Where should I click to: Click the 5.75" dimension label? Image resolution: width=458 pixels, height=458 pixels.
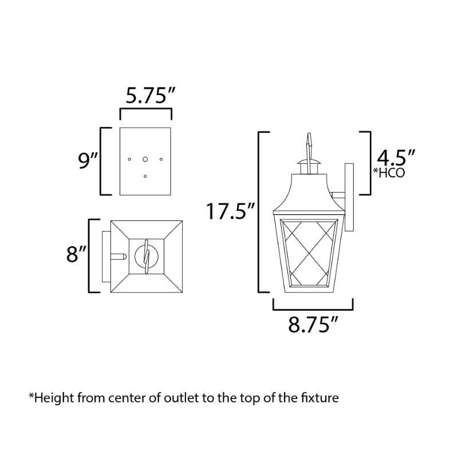point(150,95)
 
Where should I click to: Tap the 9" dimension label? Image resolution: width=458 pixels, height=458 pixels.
point(88,160)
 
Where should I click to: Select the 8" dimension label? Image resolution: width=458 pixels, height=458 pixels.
point(76,254)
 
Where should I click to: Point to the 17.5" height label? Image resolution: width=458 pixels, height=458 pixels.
point(231,211)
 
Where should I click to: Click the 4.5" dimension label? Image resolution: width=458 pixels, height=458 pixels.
point(396,158)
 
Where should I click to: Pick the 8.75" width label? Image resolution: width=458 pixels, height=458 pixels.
point(313,324)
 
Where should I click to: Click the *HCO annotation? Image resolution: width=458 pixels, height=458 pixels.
point(389,173)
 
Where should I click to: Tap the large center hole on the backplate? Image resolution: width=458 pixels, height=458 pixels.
point(145,159)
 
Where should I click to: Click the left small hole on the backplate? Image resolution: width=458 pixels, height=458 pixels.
point(129,159)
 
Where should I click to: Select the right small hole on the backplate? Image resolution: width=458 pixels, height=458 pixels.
point(161,159)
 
